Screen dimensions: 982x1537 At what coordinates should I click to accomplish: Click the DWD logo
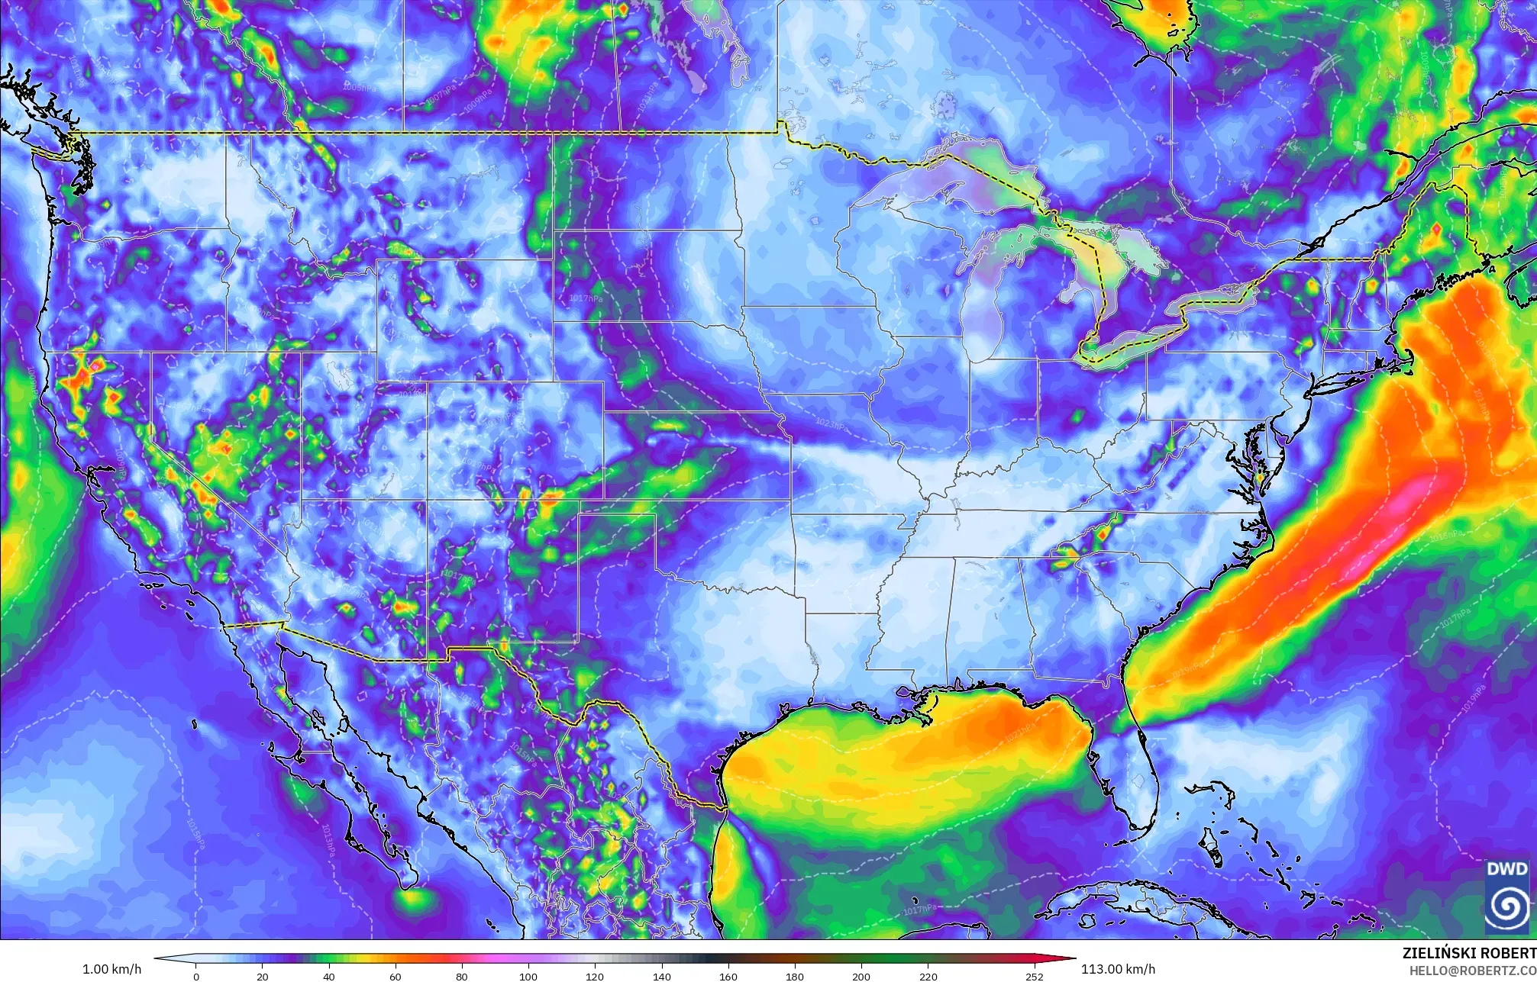click(x=1506, y=897)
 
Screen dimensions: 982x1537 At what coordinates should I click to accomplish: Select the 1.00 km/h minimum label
click(x=111, y=970)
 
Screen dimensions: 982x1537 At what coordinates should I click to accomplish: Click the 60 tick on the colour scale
click(x=396, y=976)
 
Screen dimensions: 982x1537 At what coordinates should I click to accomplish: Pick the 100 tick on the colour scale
click(x=528, y=976)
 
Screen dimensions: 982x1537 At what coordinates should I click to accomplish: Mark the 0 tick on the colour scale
click(x=196, y=976)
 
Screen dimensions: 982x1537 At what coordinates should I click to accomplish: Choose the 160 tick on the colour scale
click(x=728, y=976)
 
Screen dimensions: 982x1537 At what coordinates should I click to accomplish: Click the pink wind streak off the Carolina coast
click(x=1405, y=500)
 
